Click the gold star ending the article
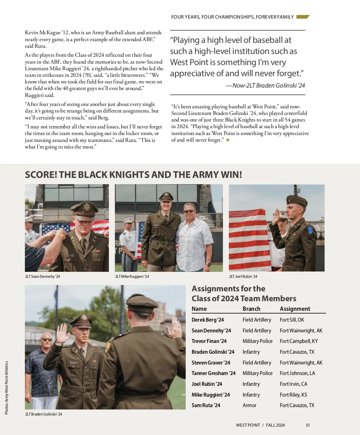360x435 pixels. pyautogui.click(x=228, y=140)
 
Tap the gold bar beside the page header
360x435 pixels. pyautogui.click(x=303, y=17)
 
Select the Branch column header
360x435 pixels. pyautogui.click(x=251, y=309)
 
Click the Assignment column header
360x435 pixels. pyautogui.click(x=295, y=309)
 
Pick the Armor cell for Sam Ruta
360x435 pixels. pyautogui.click(x=250, y=405)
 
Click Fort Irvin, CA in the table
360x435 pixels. pyautogui.click(x=293, y=384)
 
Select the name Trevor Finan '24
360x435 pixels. pyautogui.click(x=209, y=341)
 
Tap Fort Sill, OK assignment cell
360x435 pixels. pyautogui.click(x=292, y=320)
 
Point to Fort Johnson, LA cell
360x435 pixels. pyautogui.click(x=297, y=373)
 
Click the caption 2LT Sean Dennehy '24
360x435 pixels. pyautogui.click(x=43, y=277)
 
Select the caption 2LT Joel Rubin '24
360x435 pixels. pyautogui.click(x=243, y=277)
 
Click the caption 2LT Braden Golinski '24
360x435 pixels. pyautogui.click(x=43, y=414)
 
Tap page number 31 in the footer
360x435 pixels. pyautogui.click(x=308, y=425)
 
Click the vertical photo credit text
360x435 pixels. pyautogui.click(x=7, y=388)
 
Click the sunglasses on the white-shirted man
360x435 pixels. pyautogui.click(x=189, y=211)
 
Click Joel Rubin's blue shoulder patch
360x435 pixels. pyautogui.click(x=310, y=230)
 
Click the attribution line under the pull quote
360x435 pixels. pyautogui.click(x=265, y=85)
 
